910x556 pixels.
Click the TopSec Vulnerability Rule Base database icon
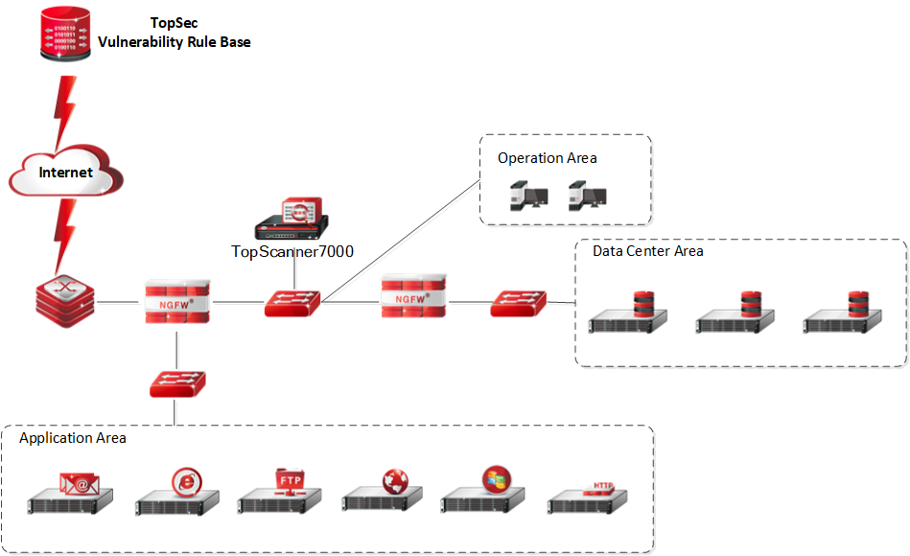click(65, 35)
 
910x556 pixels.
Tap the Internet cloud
click(66, 173)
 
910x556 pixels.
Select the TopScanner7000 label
click(292, 251)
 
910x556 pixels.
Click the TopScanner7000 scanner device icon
click(292, 220)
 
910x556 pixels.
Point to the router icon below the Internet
click(62, 301)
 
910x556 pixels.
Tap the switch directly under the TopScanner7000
click(292, 304)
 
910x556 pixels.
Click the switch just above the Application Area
click(176, 383)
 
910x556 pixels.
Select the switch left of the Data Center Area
click(519, 304)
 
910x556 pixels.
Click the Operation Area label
click(547, 157)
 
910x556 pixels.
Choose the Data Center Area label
click(647, 251)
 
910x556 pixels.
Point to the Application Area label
click(73, 438)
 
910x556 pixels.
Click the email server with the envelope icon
click(71, 494)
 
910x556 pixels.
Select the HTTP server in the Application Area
click(587, 497)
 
